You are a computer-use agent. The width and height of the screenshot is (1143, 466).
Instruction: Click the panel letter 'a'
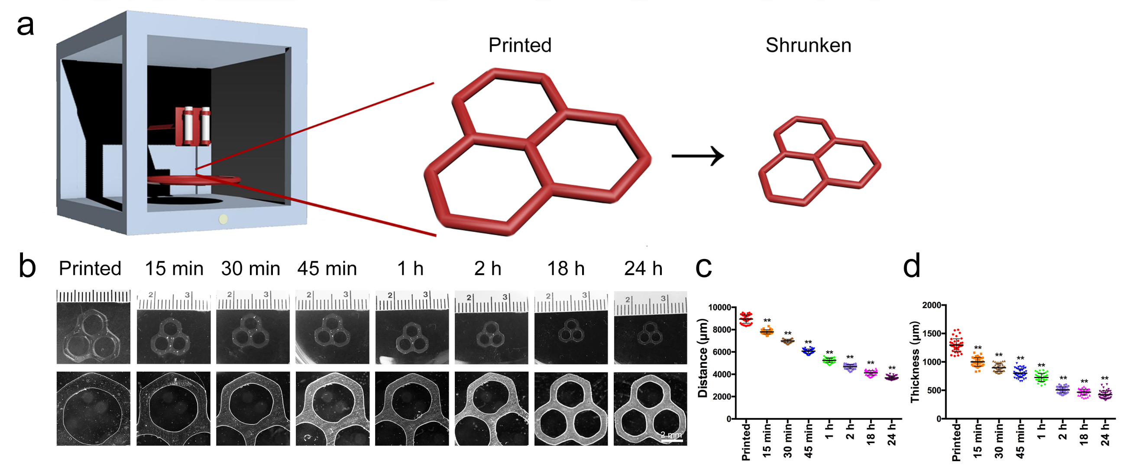pyautogui.click(x=25, y=25)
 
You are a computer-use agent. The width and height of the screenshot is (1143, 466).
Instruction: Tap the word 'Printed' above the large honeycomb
pyautogui.click(x=520, y=45)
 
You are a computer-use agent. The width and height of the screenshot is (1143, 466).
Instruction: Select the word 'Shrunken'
pyautogui.click(x=808, y=45)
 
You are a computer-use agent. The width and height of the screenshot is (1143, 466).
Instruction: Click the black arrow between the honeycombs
pyautogui.click(x=697, y=156)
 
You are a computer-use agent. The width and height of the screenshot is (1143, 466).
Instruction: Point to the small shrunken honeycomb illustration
pyautogui.click(x=819, y=161)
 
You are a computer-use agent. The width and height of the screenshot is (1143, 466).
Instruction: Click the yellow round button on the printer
pyautogui.click(x=223, y=219)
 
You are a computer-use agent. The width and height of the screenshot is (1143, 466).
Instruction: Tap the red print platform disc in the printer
pyautogui.click(x=194, y=180)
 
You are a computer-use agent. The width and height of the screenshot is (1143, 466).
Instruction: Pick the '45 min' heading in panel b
pyautogui.click(x=327, y=269)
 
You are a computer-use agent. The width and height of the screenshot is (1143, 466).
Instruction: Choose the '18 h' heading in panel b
pyautogui.click(x=566, y=269)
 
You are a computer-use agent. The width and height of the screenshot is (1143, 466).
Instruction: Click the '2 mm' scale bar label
pyautogui.click(x=671, y=434)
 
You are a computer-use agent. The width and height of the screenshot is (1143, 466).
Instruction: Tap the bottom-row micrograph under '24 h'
pyautogui.click(x=650, y=408)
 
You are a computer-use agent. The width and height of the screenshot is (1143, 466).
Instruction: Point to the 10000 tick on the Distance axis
pyautogui.click(x=719, y=307)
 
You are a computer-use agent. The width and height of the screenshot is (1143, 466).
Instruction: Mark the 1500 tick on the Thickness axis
pyautogui.click(x=931, y=333)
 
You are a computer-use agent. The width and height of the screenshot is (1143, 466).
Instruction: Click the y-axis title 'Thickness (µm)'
pyautogui.click(x=915, y=361)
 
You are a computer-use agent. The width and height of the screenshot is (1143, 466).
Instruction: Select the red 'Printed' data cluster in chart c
pyautogui.click(x=746, y=319)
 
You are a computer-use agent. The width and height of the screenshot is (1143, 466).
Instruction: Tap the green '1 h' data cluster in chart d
pyautogui.click(x=1041, y=378)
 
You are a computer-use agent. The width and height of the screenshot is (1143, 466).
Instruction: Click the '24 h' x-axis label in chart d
pyautogui.click(x=1105, y=434)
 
